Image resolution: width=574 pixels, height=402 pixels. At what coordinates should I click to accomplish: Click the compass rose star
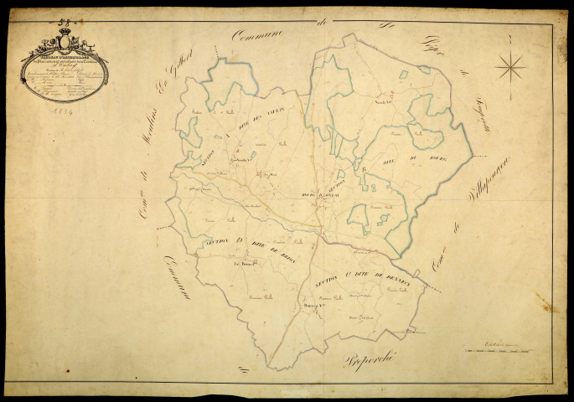click(510, 65)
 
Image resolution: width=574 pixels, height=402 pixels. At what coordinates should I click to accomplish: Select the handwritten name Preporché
click(371, 359)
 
